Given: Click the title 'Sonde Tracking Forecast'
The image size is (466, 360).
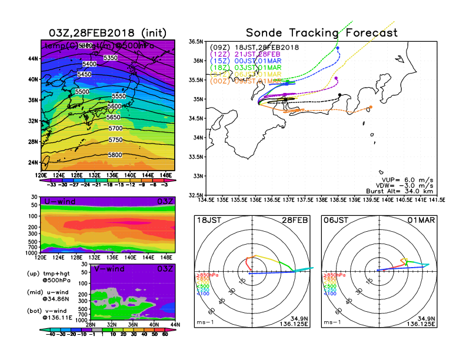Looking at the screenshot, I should pyautogui.click(x=321, y=33).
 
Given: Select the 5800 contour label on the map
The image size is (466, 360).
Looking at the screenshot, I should pyautogui.click(x=115, y=155).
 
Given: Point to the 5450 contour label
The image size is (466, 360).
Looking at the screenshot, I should pyautogui.click(x=85, y=75).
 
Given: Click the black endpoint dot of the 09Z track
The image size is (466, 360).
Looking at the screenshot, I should pyautogui.click(x=340, y=95).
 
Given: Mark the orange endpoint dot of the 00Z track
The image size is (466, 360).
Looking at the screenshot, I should pyautogui.click(x=371, y=107).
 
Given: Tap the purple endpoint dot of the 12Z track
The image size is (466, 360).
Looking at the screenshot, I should pyautogui.click(x=336, y=78).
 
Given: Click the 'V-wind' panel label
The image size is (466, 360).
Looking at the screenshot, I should pyautogui.click(x=110, y=269).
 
